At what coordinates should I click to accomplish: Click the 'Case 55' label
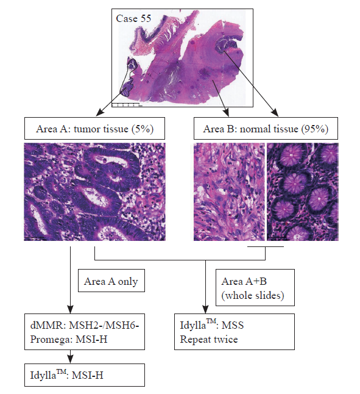pos(133,18)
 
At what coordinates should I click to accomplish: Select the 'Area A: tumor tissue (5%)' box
pos(94,129)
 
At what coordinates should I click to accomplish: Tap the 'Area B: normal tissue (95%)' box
pos(266,129)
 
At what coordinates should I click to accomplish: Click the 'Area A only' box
pos(111,281)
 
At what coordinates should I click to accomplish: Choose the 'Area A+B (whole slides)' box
pos(255,288)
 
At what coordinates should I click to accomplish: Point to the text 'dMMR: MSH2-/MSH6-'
pos(85,325)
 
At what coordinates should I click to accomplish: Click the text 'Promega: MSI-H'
pos(69,339)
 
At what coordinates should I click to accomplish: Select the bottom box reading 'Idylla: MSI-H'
pos(85,375)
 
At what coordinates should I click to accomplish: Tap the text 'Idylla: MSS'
pos(212,324)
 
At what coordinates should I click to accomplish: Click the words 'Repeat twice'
pos(209,340)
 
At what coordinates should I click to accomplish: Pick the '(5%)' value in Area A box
pos(143,129)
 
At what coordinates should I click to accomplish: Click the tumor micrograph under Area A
pos(94,192)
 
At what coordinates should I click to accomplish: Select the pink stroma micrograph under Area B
pos(229,192)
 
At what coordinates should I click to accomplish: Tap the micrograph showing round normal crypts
pos(303,192)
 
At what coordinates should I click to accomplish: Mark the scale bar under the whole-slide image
pos(125,104)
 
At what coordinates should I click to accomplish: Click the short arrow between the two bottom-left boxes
pos(71,357)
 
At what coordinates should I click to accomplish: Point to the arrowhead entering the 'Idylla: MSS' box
pos(205,309)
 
